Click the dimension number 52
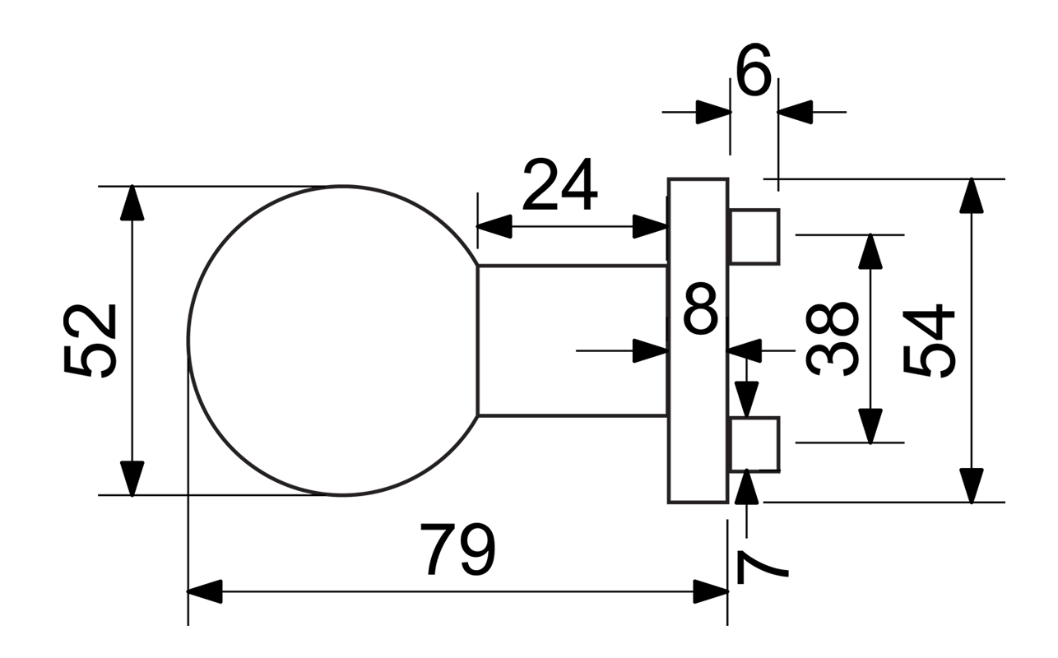tap(90, 341)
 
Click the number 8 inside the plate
tap(701, 309)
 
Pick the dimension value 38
tap(832, 338)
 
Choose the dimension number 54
tap(930, 341)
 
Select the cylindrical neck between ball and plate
tap(572, 341)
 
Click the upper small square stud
tap(754, 237)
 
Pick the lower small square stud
tap(754, 444)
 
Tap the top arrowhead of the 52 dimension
tap(132, 204)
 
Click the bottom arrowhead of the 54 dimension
tap(972, 484)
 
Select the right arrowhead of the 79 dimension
tap(710, 591)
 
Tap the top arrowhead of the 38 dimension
tap(870, 252)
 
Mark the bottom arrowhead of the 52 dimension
tap(132, 478)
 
